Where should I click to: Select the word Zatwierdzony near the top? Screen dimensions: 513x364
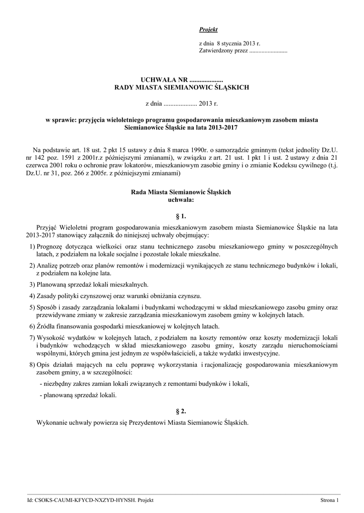[x=215, y=51]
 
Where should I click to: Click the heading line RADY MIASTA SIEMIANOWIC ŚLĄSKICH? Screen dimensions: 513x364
[x=182, y=87]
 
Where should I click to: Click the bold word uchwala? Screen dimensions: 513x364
[x=181, y=199]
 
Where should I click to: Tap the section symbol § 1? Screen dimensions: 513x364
[x=182, y=217]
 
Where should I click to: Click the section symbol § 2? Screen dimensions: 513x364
[x=182, y=411]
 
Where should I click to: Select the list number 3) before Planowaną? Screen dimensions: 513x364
[x=32, y=284]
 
